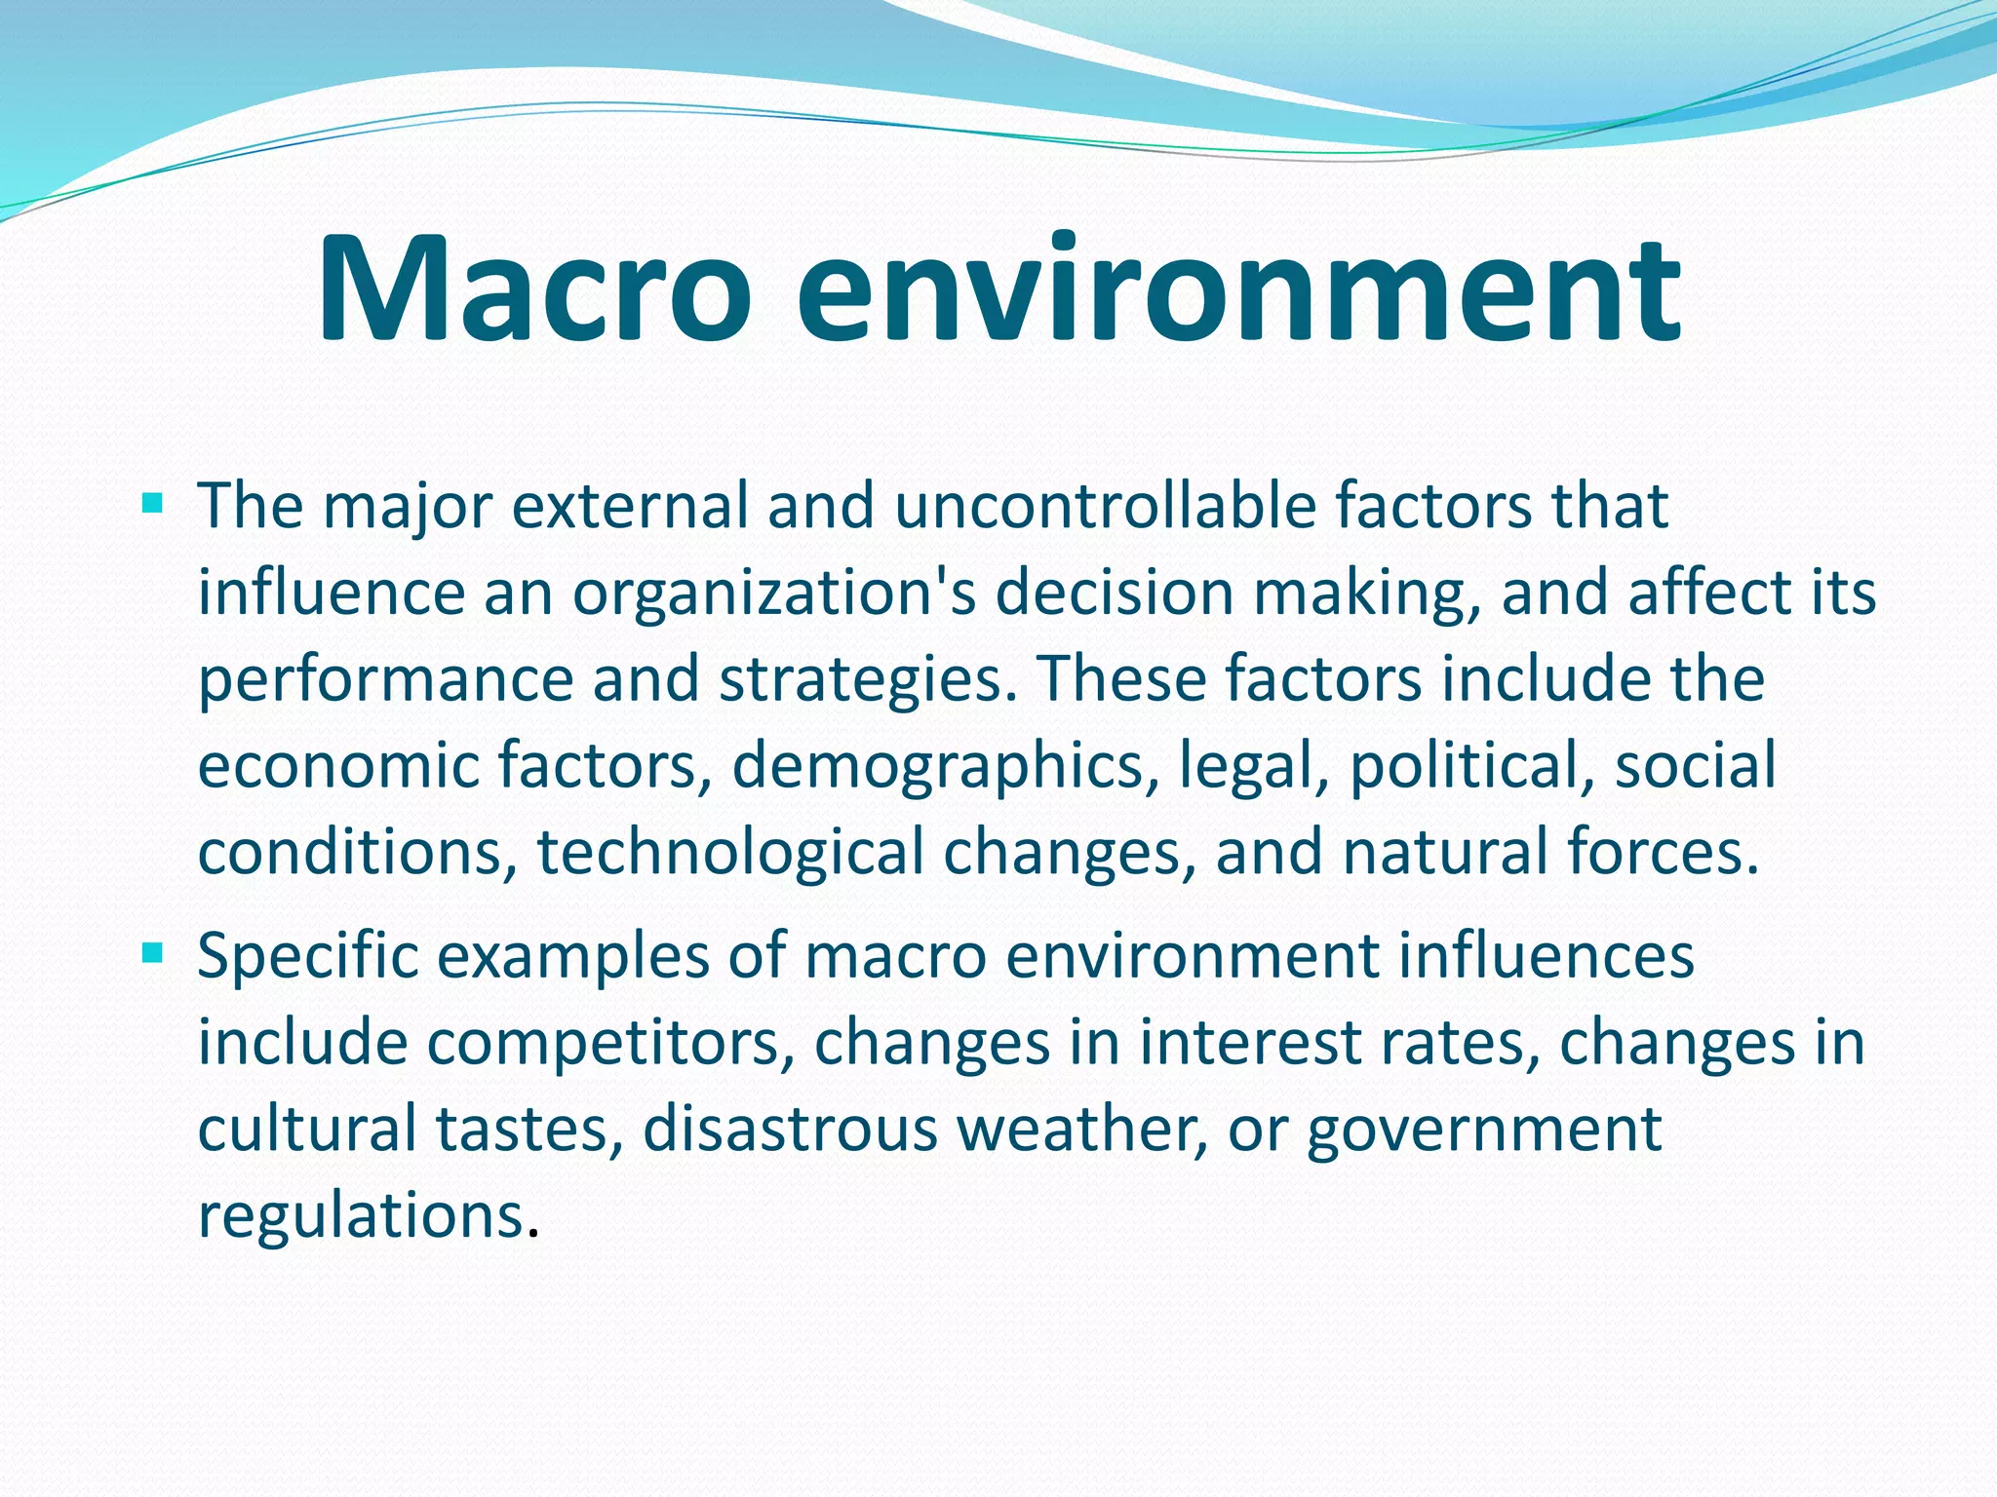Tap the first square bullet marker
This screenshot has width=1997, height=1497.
click(x=152, y=504)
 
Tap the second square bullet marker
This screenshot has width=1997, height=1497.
click(x=152, y=952)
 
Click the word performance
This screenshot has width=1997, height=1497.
click(x=385, y=680)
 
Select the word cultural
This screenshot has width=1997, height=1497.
click(x=306, y=1130)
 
